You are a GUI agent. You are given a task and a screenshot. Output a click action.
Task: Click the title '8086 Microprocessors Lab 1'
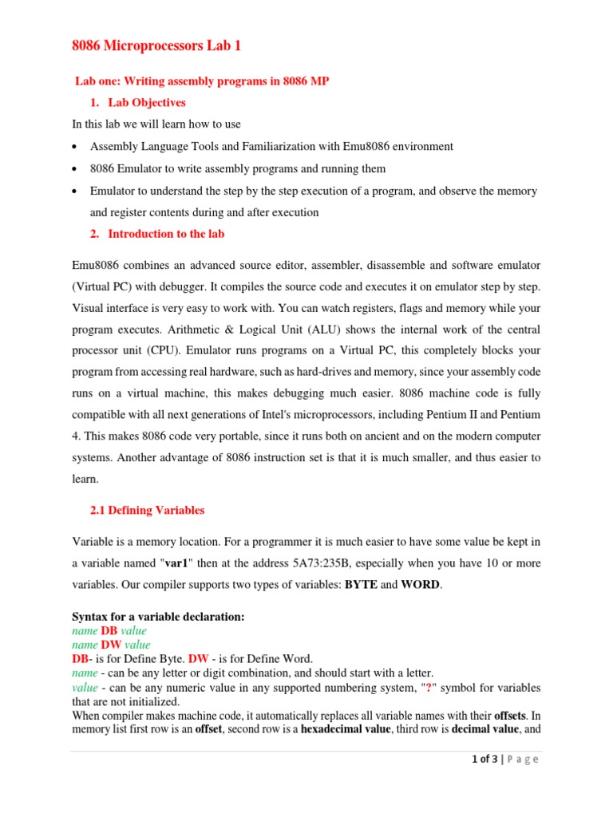[x=156, y=46]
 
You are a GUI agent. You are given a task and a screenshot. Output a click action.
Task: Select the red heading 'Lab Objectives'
[x=147, y=103]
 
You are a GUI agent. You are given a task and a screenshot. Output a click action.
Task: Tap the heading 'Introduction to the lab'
[x=166, y=234]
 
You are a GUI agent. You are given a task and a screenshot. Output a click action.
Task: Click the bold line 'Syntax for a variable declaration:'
[x=158, y=617]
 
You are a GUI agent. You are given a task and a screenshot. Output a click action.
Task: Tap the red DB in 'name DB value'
[x=109, y=630]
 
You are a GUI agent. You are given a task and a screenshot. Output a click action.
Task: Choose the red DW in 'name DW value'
[x=110, y=645]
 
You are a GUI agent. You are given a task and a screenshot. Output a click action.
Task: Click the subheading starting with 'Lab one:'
[x=202, y=81]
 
